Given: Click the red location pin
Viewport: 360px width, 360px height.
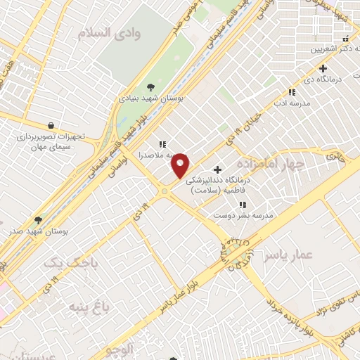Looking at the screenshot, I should [x=181, y=165].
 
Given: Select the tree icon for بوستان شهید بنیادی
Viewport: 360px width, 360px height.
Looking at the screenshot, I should [x=151, y=87].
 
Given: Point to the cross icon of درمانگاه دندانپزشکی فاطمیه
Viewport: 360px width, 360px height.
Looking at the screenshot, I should [x=217, y=169].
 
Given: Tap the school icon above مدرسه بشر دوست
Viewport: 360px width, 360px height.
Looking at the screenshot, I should [x=243, y=205].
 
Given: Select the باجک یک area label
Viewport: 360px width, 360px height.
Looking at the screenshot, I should [x=70, y=264].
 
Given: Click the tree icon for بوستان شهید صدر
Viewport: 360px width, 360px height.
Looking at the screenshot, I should [x=39, y=220].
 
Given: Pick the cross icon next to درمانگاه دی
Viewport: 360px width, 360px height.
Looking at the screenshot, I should [x=323, y=68].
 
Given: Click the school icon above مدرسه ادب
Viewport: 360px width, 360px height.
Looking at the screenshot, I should [x=292, y=92].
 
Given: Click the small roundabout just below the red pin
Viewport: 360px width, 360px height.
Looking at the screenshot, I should [x=165, y=191].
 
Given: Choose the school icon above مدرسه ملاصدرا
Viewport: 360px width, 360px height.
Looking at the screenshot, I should [x=162, y=144].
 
